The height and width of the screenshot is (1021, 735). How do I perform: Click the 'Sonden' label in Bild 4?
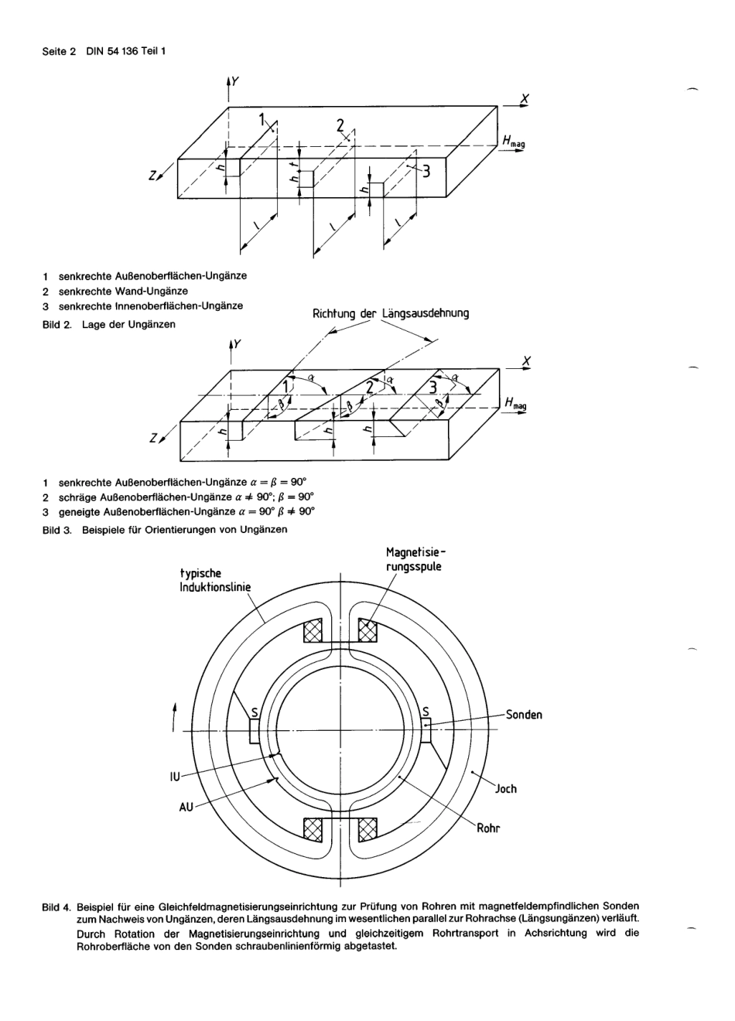[x=524, y=714]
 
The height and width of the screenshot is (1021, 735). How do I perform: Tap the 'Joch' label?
[x=506, y=789]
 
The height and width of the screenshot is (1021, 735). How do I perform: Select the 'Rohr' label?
[x=488, y=828]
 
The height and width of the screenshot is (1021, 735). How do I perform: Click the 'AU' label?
[x=186, y=806]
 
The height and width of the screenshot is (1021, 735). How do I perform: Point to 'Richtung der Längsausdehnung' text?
[x=390, y=313]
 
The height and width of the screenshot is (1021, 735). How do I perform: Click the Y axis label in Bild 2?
[x=235, y=80]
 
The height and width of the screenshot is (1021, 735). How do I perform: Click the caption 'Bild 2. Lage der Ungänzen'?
[x=108, y=324]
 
